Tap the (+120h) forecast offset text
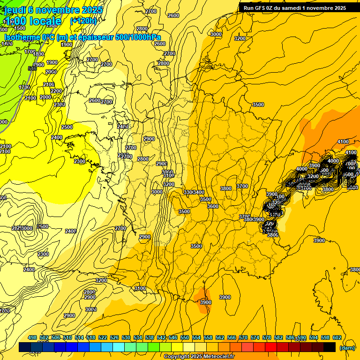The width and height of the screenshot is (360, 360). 83,21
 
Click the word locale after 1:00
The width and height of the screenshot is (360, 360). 45,21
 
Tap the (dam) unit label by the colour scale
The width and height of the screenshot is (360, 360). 346,347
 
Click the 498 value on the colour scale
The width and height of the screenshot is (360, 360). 32,338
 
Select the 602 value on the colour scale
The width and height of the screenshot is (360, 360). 337,338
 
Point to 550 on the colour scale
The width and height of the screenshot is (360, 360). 184,338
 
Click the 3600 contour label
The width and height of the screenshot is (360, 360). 213,206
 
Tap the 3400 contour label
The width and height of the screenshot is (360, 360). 198,193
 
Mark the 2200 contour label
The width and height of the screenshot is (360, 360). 56,91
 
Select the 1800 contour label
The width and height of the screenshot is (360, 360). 38,54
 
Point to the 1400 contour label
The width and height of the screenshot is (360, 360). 7,44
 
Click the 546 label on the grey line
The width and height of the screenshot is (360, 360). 32,69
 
